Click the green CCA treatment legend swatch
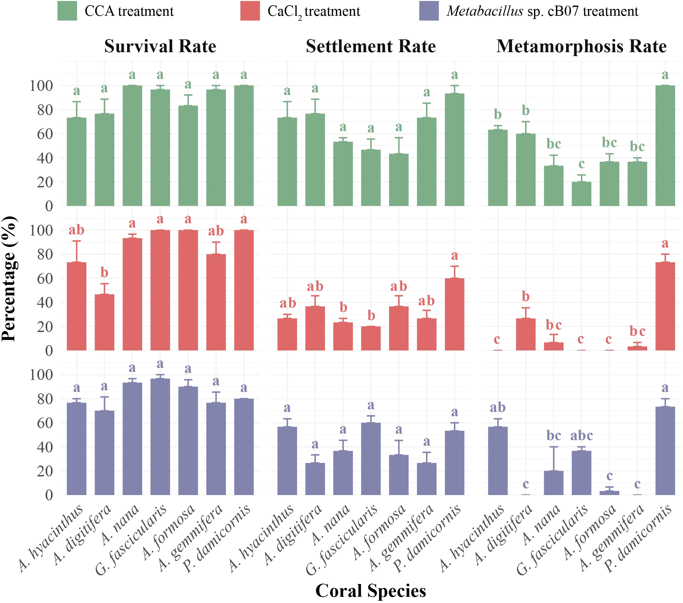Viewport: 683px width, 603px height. (x=67, y=11)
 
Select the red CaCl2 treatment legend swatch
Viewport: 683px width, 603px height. (x=250, y=11)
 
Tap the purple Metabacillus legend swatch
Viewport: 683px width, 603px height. (x=429, y=11)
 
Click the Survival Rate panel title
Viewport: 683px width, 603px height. (x=160, y=46)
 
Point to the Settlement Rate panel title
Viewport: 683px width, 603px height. (x=371, y=46)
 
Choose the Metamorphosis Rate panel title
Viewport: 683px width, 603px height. (x=582, y=46)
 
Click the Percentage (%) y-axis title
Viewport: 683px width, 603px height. (x=9, y=279)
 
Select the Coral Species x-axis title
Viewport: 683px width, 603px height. (x=371, y=590)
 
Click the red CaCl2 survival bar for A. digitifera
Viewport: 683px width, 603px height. (x=105, y=322)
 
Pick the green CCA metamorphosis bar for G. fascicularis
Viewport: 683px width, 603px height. (x=582, y=194)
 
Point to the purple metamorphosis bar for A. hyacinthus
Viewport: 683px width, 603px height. (x=498, y=461)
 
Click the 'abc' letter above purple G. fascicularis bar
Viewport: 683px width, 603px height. (x=582, y=436)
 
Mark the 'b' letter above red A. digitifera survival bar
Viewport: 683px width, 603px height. (x=105, y=272)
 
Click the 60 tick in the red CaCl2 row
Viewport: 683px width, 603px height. (x=45, y=279)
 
